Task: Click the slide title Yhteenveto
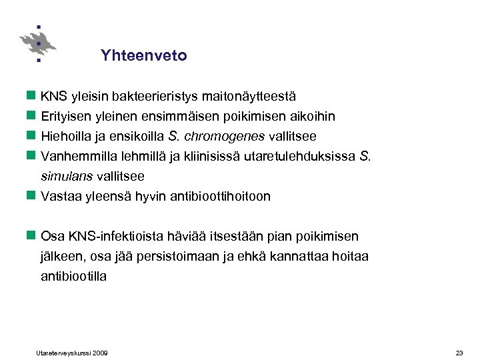click(x=144, y=56)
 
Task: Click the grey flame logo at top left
click(x=38, y=44)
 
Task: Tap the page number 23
click(x=459, y=352)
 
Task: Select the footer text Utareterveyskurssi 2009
click(x=72, y=352)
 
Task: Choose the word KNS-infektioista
click(x=109, y=237)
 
